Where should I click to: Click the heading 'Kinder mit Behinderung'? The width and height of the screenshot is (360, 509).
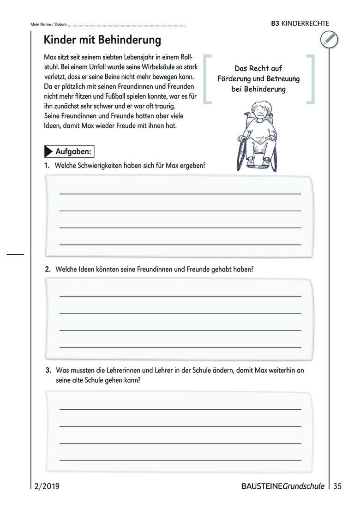click(102, 40)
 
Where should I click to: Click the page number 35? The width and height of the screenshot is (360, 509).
click(337, 486)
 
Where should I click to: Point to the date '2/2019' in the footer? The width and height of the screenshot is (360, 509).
click(47, 486)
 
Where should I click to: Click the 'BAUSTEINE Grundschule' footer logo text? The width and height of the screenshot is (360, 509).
click(282, 486)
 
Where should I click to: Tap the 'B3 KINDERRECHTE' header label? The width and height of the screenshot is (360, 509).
click(300, 24)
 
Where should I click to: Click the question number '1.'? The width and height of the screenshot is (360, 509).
click(47, 165)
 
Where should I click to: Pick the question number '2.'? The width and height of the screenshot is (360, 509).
click(48, 269)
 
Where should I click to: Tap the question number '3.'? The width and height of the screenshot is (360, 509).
click(48, 370)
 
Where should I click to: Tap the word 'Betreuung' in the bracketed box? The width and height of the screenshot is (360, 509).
click(283, 78)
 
